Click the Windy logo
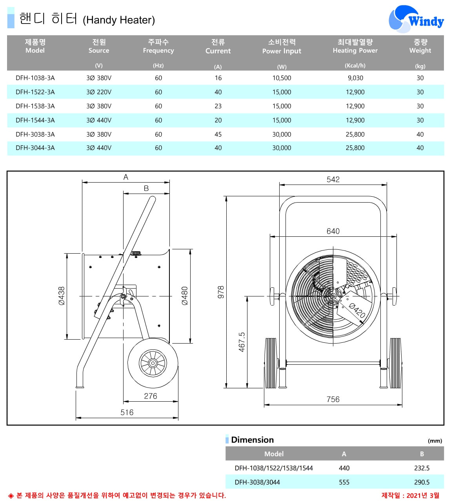click(x=416, y=19)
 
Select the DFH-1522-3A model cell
click(x=35, y=92)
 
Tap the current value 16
click(x=218, y=78)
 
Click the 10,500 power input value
click(x=282, y=78)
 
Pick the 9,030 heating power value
click(x=355, y=78)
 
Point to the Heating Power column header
click(x=355, y=50)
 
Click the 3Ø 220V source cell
click(x=99, y=92)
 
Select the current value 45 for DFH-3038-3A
click(x=218, y=134)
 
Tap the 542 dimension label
click(x=333, y=179)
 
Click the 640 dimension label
click(x=333, y=231)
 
